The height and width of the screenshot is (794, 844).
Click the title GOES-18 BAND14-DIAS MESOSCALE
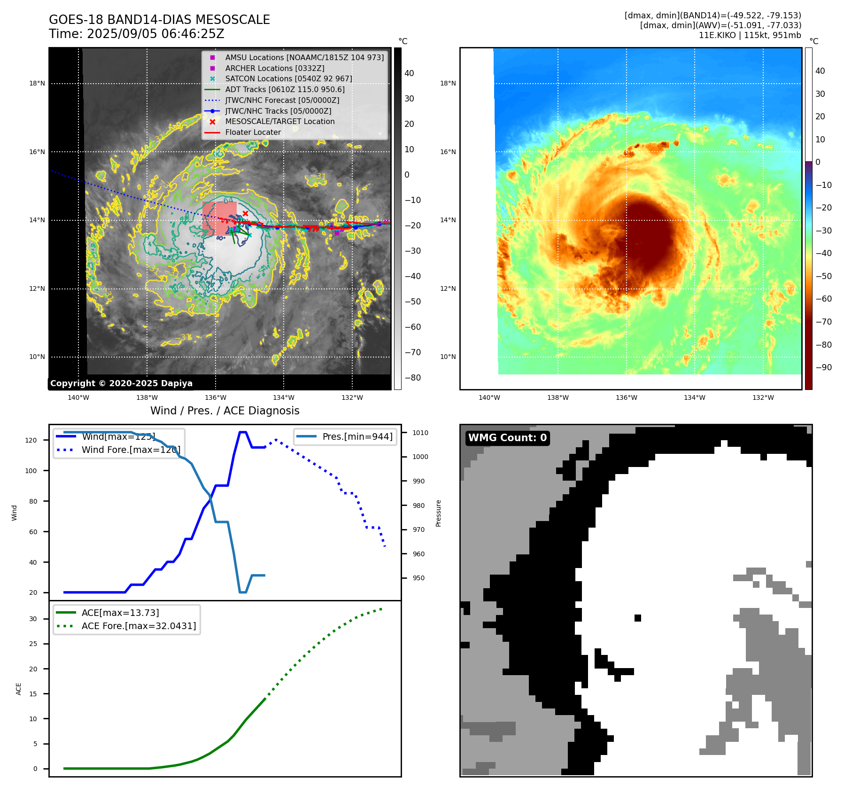coord(159,20)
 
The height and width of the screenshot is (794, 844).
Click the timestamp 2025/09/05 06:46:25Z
coord(155,34)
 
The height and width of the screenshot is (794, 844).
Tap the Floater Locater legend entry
coord(253,132)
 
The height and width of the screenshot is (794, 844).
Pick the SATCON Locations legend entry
coord(288,78)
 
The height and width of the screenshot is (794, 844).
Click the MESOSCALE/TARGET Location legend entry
coord(280,121)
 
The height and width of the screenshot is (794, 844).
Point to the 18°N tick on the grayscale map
coord(37,84)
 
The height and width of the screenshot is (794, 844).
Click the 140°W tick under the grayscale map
coord(78,397)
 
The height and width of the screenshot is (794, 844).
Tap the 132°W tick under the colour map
coord(763,397)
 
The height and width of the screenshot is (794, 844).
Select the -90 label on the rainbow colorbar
coord(823,367)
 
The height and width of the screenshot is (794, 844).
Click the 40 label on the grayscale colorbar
coord(409,73)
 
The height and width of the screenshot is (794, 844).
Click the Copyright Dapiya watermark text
coord(121,383)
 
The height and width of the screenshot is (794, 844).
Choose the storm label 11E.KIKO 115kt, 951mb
coord(750,35)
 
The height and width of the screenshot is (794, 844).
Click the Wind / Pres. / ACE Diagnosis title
coord(225,411)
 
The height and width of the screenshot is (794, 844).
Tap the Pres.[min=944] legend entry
coord(357,436)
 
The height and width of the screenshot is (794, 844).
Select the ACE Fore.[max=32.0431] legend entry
coord(139,626)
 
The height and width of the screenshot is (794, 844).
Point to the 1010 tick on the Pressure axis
coord(420,433)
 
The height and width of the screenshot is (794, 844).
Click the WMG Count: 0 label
coord(507,438)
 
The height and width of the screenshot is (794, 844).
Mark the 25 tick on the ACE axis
coord(33,644)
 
